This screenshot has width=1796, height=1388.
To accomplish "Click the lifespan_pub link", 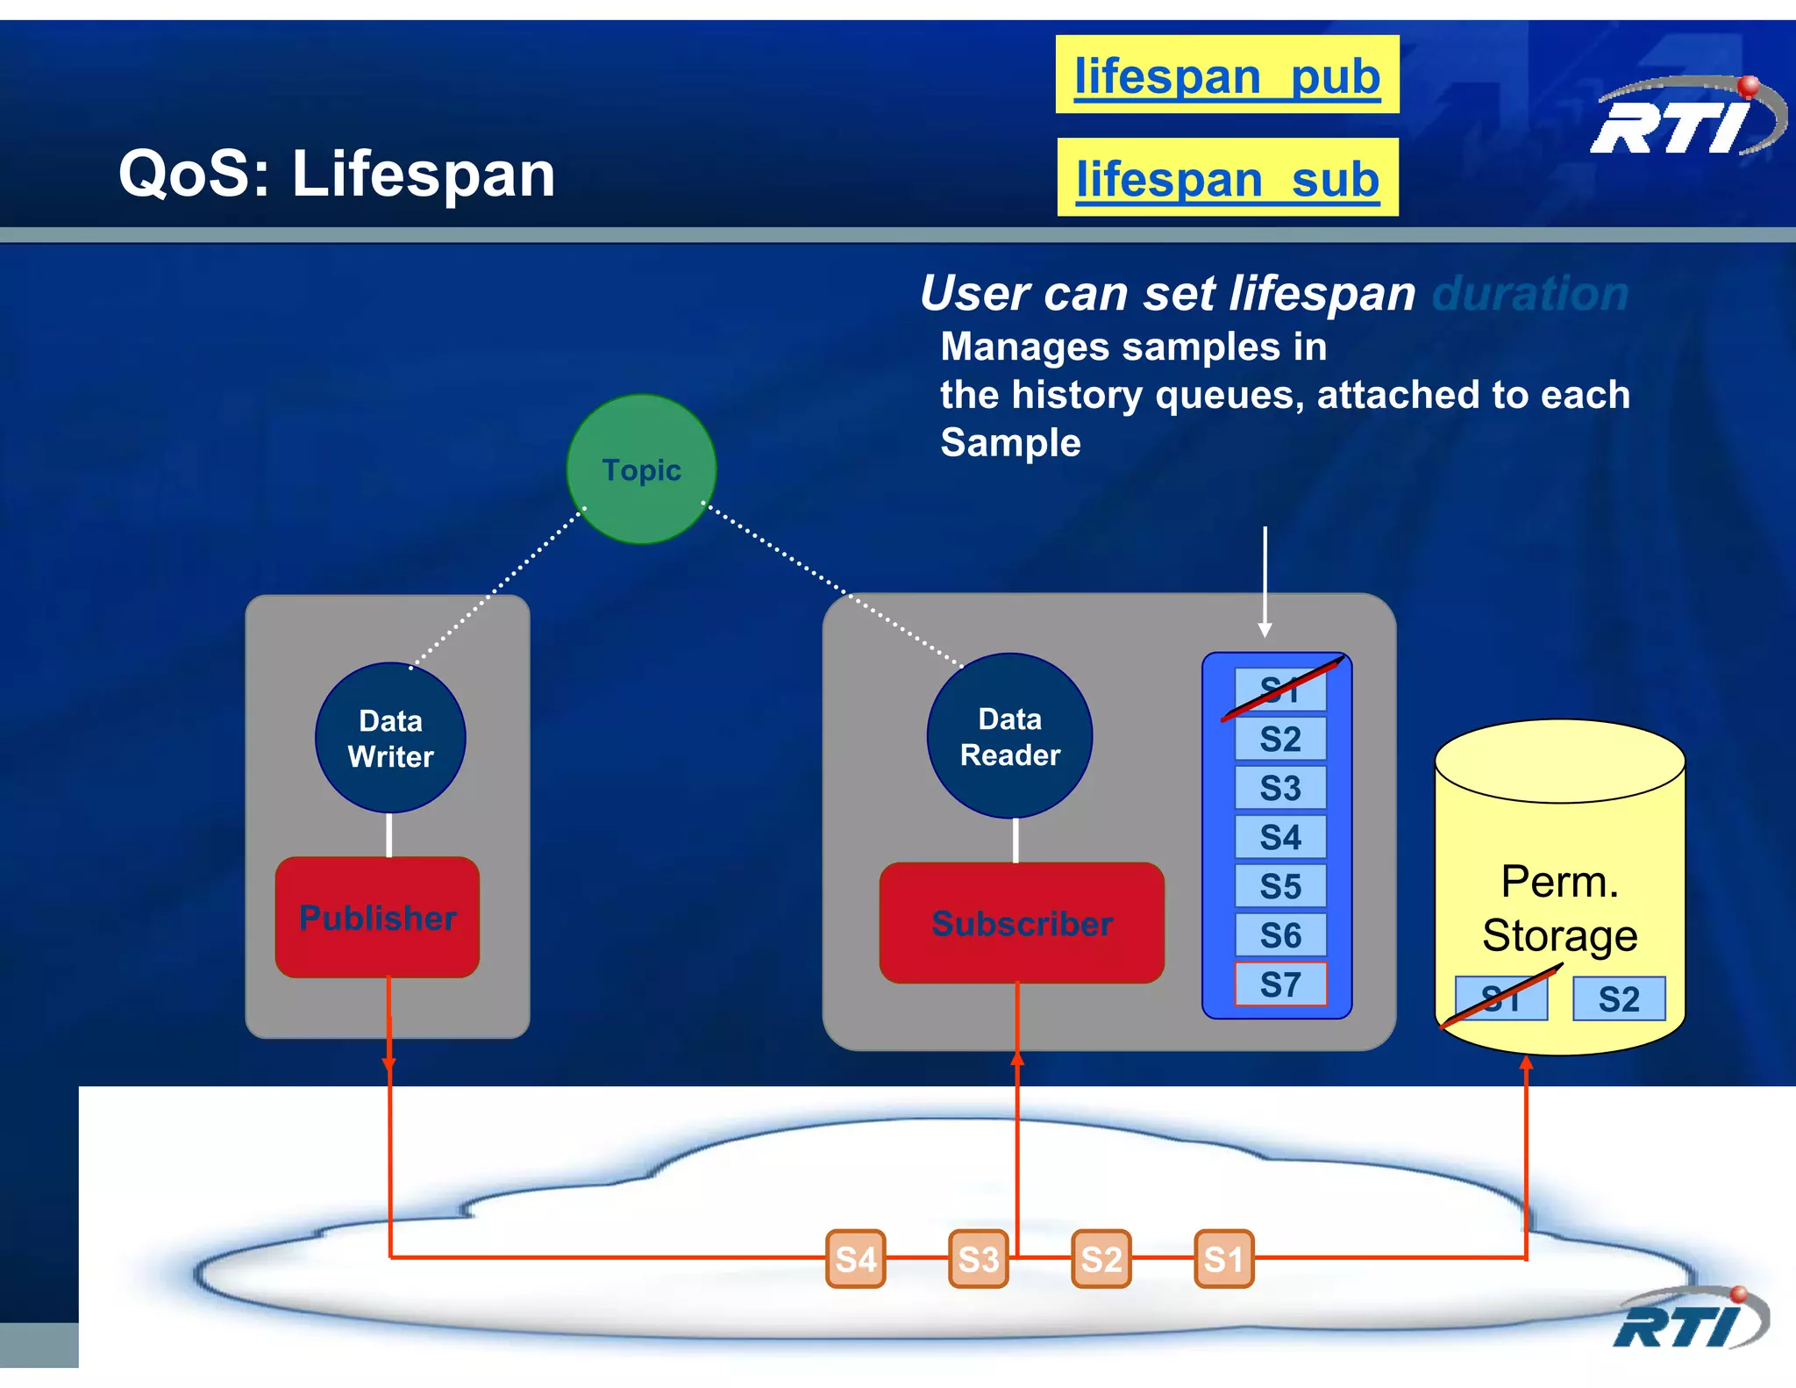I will (1227, 76).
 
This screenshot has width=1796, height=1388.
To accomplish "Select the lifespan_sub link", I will (1227, 179).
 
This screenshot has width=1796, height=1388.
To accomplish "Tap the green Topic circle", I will (641, 469).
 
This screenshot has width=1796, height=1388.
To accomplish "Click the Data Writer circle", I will (390, 738).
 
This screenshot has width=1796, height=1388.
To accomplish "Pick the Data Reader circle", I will (1009, 736).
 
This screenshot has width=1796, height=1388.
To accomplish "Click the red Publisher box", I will (377, 918).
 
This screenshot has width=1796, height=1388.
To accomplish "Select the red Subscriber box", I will (1022, 923).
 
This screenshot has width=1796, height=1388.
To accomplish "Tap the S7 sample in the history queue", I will (1280, 984).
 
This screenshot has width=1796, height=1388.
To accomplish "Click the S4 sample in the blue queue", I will (1280, 837).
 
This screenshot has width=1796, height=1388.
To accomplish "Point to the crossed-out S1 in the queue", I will (1280, 690).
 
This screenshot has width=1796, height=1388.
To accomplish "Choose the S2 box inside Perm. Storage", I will (1618, 999).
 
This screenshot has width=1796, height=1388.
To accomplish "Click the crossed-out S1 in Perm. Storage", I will (1500, 999).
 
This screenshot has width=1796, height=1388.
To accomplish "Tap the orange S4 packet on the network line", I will (855, 1259).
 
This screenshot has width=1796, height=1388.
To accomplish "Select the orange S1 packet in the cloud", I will (1223, 1259).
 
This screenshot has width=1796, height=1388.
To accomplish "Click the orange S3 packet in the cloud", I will (978, 1259).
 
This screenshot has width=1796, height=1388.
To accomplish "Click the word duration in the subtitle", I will (1530, 293).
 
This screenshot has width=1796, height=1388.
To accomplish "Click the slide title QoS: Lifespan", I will (337, 174).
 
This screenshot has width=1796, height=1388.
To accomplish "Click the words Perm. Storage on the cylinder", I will (1559, 908).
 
